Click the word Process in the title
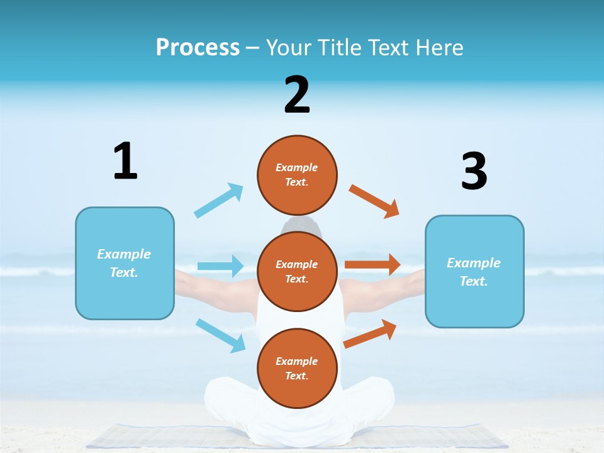click(198, 47)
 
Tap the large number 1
click(125, 161)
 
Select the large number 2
click(297, 95)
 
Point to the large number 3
click(474, 171)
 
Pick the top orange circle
click(297, 174)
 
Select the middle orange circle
click(297, 271)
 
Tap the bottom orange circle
click(297, 368)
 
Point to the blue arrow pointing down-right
click(220, 335)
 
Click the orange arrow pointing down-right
click(374, 201)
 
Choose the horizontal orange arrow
click(372, 265)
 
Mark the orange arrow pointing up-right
click(370, 333)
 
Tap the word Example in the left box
click(124, 254)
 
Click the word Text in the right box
click(473, 281)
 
